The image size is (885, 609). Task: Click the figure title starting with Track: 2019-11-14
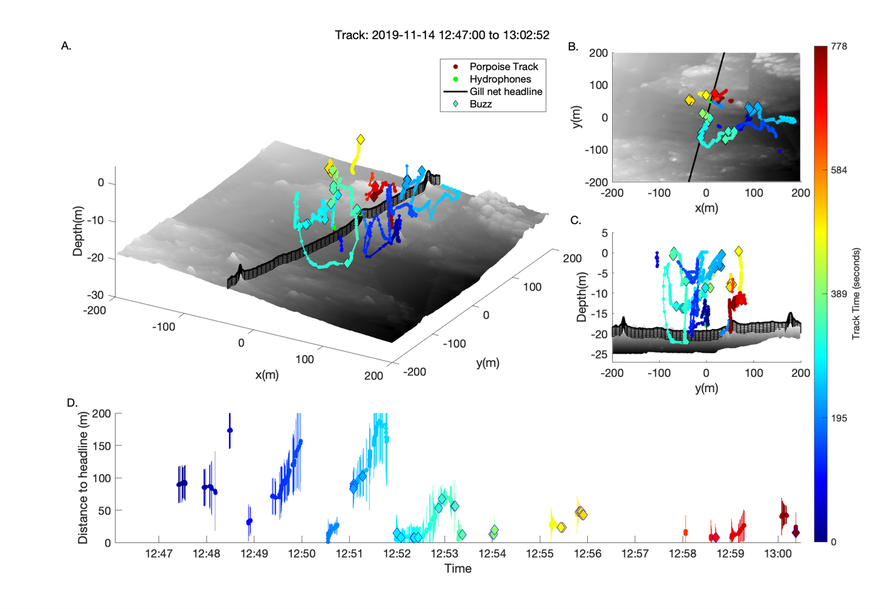tap(442, 35)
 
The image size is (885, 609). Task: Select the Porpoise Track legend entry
tap(503, 67)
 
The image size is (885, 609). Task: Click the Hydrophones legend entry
tap(500, 79)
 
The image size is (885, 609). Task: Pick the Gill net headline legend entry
tap(506, 91)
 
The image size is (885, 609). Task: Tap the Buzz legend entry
tap(481, 104)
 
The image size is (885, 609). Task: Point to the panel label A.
tap(66, 46)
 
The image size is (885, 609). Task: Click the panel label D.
tap(72, 402)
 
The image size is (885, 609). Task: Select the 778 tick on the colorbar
tap(839, 46)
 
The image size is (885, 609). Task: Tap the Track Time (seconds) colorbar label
tap(856, 294)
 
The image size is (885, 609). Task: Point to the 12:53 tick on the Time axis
tap(444, 553)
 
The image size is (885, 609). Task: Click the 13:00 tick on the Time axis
tap(778, 553)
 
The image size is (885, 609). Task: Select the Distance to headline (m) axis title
tap(83, 478)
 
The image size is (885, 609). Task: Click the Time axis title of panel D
tap(458, 569)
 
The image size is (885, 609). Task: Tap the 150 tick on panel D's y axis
tap(102, 446)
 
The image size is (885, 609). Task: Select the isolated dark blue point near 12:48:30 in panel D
tap(230, 431)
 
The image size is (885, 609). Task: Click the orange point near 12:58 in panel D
tap(685, 532)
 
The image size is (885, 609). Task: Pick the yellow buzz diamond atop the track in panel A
tap(361, 139)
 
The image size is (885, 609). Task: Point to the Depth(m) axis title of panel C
tap(582, 296)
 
